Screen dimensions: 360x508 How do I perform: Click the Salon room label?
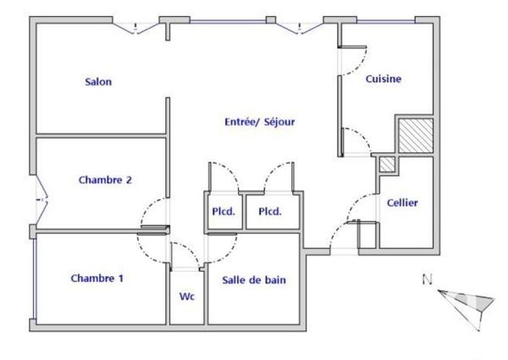98,82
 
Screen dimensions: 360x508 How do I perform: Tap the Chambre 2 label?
104,180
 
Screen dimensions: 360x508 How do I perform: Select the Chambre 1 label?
96,278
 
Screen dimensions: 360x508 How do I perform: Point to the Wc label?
187,297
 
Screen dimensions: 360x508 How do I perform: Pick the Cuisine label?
383,79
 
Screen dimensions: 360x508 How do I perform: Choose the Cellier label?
402,203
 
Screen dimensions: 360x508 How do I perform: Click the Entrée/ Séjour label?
259,121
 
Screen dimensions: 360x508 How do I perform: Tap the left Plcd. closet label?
224,212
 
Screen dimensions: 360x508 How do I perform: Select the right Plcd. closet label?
270,212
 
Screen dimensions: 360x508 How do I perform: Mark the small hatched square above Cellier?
386,164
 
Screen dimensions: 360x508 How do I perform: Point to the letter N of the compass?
428,280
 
